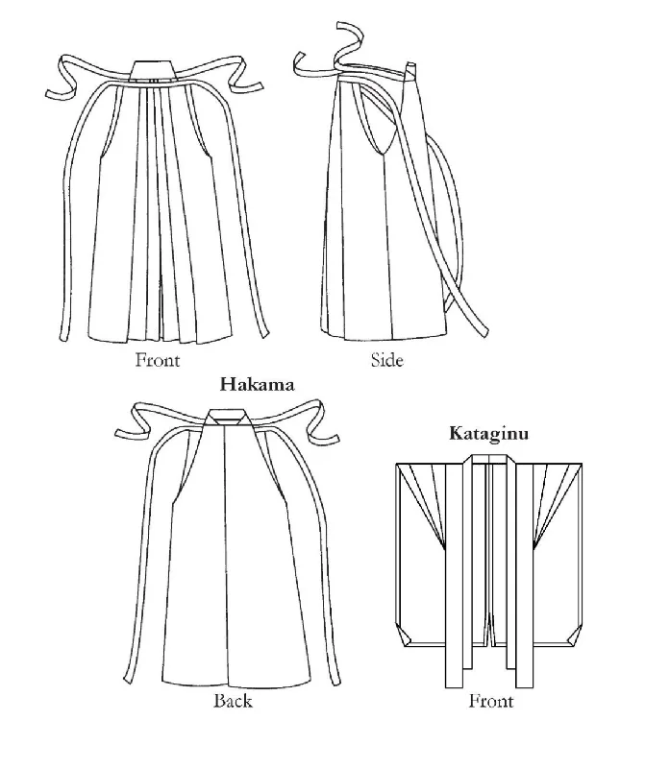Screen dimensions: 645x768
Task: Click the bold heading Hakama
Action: click(x=257, y=385)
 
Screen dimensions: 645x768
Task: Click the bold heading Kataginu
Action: click(x=489, y=434)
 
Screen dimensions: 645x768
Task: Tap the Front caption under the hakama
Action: click(x=158, y=360)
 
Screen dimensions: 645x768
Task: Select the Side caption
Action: click(x=387, y=360)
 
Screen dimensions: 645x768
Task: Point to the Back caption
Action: click(x=233, y=701)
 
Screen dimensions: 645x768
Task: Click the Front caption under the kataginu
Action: click(x=491, y=701)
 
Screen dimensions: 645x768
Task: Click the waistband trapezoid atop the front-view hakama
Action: click(x=153, y=70)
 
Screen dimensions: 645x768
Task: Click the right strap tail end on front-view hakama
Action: click(x=264, y=334)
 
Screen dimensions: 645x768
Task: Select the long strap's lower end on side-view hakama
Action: click(x=484, y=331)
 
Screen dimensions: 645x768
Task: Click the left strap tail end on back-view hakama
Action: click(x=128, y=680)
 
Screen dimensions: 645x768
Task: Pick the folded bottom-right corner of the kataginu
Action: click(x=574, y=636)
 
